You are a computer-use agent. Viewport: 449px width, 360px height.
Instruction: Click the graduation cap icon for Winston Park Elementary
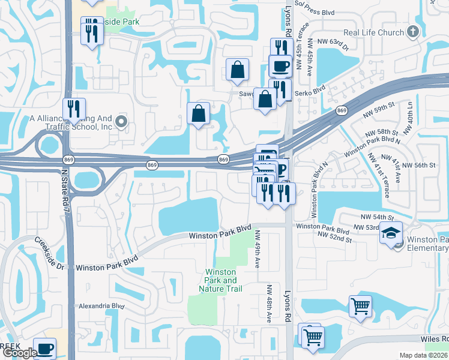click(x=390, y=233)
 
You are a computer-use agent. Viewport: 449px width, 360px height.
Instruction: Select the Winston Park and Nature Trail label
click(x=220, y=280)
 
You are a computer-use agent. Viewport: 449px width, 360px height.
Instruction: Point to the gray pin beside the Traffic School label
click(x=121, y=122)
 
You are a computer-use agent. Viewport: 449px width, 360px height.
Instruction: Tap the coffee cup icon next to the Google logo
click(x=44, y=348)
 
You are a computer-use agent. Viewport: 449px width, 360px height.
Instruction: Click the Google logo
click(x=20, y=353)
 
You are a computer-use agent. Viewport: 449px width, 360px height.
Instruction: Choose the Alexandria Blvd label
click(x=101, y=306)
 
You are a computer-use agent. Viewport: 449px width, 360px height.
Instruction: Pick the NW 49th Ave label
click(x=258, y=248)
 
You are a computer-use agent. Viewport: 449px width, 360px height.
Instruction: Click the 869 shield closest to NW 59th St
click(x=342, y=111)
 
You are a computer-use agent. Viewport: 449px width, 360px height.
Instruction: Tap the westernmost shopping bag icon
click(x=198, y=113)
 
